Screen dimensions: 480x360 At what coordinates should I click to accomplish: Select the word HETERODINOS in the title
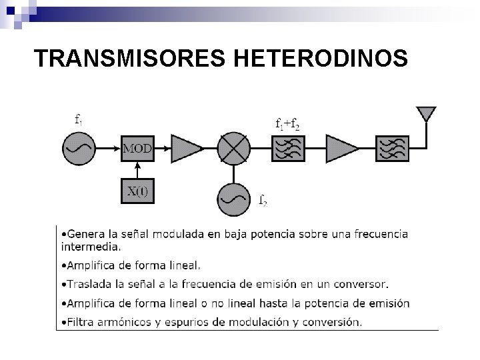[321, 59]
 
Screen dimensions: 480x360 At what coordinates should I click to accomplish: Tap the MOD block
[137, 148]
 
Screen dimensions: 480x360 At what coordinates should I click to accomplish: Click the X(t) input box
[137, 192]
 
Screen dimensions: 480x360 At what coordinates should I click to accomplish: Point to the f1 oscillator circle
[79, 148]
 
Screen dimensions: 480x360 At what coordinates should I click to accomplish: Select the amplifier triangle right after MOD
[186, 148]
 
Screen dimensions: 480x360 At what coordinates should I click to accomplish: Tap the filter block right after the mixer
[288, 148]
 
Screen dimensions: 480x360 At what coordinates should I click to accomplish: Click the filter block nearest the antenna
[392, 148]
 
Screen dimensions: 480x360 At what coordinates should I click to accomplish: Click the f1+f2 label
[287, 123]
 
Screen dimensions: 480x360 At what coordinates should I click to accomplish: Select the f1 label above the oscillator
[79, 120]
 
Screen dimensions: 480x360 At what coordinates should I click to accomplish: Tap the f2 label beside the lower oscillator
[263, 199]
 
